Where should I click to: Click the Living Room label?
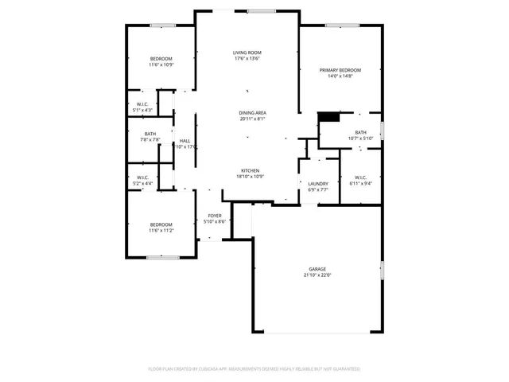point(247,53)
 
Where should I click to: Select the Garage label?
point(318,269)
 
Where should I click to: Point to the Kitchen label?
point(251,170)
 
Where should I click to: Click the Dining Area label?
point(253,113)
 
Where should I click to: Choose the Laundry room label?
point(318,184)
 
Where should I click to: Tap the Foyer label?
point(215,216)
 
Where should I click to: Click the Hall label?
point(185,141)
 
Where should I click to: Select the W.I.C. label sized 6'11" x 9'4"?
point(360,177)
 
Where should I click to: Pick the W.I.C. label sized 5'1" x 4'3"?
point(142,104)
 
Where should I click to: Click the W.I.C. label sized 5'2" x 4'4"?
point(143,177)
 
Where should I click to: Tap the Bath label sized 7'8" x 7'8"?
point(150,134)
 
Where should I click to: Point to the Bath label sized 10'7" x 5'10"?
point(361,132)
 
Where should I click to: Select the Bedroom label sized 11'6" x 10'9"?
point(161,59)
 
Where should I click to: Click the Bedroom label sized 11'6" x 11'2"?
point(161,225)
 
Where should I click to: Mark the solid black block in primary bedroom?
point(328,117)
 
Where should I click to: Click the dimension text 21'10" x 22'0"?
point(317,275)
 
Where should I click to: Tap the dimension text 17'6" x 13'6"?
point(247,58)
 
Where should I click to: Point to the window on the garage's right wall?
point(382,273)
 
